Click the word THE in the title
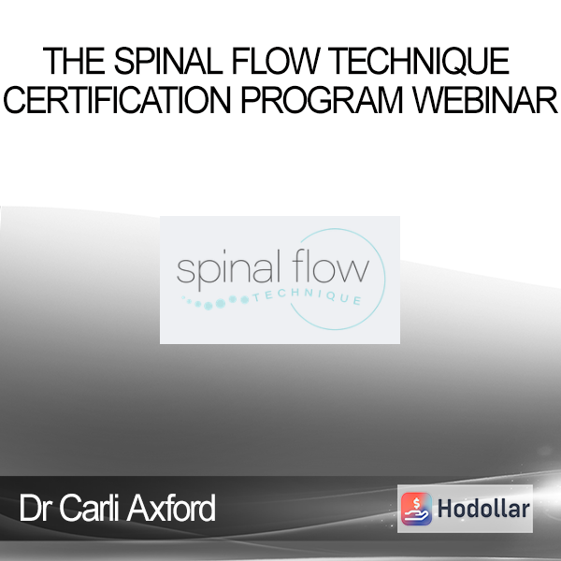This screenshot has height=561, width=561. pos(74,61)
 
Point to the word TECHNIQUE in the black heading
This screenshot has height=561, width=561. pos(418,61)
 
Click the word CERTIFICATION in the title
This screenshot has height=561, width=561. pos(117,100)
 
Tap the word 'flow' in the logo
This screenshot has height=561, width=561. pos(330,266)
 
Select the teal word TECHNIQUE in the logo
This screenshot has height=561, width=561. pos(307,296)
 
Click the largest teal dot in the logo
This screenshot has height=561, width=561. pos(221,303)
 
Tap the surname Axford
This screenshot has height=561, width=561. pos(171,508)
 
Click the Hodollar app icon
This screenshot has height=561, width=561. pos(416,509)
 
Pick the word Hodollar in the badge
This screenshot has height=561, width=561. pos(483,509)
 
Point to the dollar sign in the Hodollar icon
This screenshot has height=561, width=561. pos(416,503)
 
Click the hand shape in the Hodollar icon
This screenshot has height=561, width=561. pos(416,516)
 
